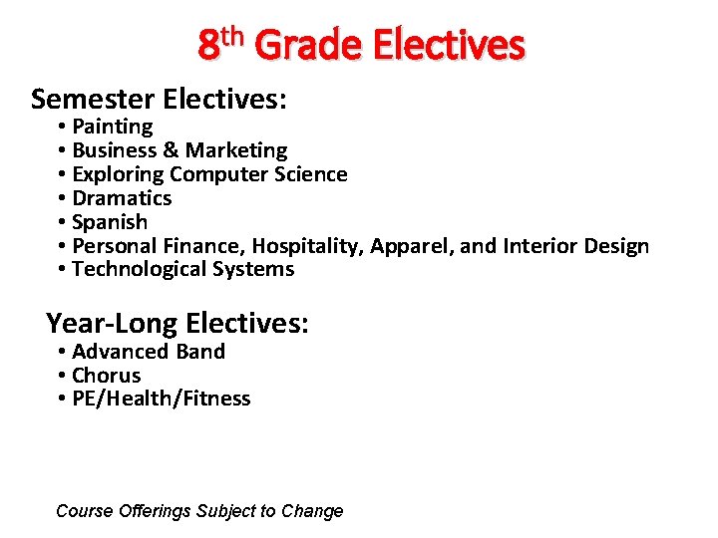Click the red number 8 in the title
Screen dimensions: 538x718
208,46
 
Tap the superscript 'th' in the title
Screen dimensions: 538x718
232,36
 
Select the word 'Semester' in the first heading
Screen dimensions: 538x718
92,99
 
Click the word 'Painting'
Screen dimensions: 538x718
113,127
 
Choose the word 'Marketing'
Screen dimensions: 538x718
236,150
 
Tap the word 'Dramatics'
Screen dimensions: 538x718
122,198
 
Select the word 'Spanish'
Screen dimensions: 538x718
110,222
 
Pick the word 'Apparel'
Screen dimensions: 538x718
407,246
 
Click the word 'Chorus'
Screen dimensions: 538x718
107,376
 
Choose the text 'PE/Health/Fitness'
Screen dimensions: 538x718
162,400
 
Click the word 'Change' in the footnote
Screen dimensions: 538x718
312,511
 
